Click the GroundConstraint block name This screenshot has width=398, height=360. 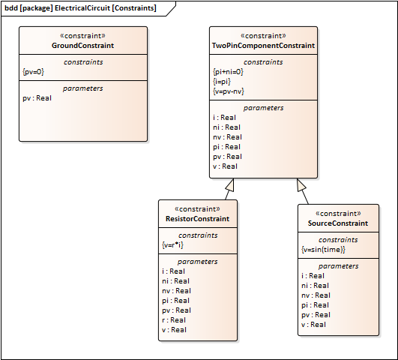pyautogui.click(x=82, y=46)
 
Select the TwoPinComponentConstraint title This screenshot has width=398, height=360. pyautogui.click(x=263, y=46)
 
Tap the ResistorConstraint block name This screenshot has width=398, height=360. pyautogui.click(x=197, y=219)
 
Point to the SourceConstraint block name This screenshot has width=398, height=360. pyautogui.click(x=338, y=223)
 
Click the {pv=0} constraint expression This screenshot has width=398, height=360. pyautogui.click(x=33, y=72)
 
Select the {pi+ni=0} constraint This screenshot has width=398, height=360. pyautogui.click(x=228, y=72)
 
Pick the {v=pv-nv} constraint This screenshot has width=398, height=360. pyautogui.click(x=229, y=91)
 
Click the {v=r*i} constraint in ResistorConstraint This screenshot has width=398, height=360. pyautogui.click(x=172, y=245)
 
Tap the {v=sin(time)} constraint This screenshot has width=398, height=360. pyautogui.click(x=323, y=250)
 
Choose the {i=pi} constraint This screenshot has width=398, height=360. pyautogui.click(x=222, y=82)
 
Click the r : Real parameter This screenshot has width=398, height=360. pyautogui.click(x=174, y=320)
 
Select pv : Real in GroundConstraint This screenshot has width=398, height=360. pyautogui.click(x=37, y=98)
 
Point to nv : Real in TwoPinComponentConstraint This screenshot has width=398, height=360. pyautogui.click(x=227, y=137)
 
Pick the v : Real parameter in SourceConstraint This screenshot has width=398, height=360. pyautogui.click(x=313, y=325)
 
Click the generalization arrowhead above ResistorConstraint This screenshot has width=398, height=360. pyautogui.click(x=230, y=185)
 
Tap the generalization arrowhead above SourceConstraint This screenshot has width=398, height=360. pyautogui.click(x=301, y=184)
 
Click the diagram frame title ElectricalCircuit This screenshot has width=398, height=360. pyautogui.click(x=82, y=8)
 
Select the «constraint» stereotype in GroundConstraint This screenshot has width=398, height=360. pyautogui.click(x=82, y=36)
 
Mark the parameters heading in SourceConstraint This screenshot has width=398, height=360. pyautogui.click(x=338, y=266)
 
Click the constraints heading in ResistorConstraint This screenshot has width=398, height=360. pyautogui.click(x=198, y=235)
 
